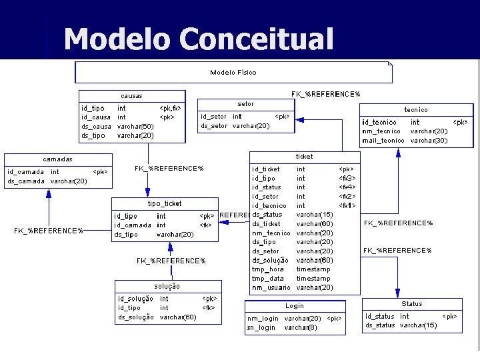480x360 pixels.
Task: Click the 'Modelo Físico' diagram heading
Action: tap(233, 72)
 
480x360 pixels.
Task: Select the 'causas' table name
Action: tap(131, 96)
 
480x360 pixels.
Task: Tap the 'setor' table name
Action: tap(245, 104)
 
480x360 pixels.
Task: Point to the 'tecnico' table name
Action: tap(416, 109)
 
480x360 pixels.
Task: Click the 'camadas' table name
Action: tap(57, 159)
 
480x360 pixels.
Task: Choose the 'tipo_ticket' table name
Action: tap(164, 203)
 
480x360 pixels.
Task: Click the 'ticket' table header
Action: tap(304, 157)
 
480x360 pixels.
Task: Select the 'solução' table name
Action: tap(167, 286)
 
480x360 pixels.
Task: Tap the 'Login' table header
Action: tap(295, 306)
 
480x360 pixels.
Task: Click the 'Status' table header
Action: tap(411, 304)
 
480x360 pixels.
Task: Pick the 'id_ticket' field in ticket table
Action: tap(266, 169)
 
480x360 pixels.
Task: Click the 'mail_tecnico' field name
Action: tap(383, 141)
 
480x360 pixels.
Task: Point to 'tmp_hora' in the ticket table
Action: tap(268, 269)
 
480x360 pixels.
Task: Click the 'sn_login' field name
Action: tap(261, 328)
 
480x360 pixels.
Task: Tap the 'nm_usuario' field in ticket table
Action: tap(271, 287)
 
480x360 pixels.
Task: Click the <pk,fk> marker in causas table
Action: tap(170, 108)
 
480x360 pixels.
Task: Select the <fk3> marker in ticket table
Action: tap(347, 179)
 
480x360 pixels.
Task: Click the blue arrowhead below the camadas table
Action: tap(49, 193)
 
